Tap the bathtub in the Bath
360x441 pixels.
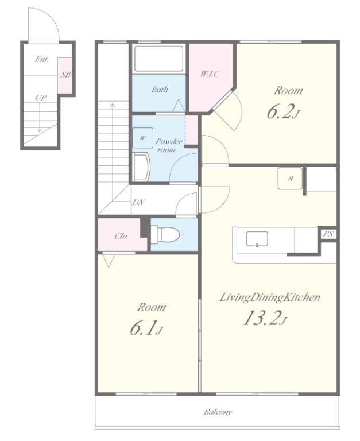tap(159, 59)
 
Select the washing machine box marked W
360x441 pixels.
tap(143, 138)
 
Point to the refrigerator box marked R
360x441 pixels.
tap(291, 179)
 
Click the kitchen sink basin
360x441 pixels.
tap(257, 239)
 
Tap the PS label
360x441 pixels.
tap(328, 234)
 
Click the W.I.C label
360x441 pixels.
tap(210, 74)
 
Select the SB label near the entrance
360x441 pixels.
tap(66, 75)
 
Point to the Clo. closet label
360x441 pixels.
tap(122, 236)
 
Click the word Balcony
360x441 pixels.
tap(218, 412)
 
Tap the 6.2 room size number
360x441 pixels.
tap(280, 111)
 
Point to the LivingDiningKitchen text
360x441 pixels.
tap(270, 298)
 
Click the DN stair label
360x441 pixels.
tap(138, 202)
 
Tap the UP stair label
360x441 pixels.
tap(41, 98)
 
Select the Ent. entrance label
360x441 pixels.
tap(41, 59)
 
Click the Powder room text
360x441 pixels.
tap(168, 145)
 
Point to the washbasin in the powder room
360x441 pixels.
tap(141, 167)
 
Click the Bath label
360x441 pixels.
tap(160, 90)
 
